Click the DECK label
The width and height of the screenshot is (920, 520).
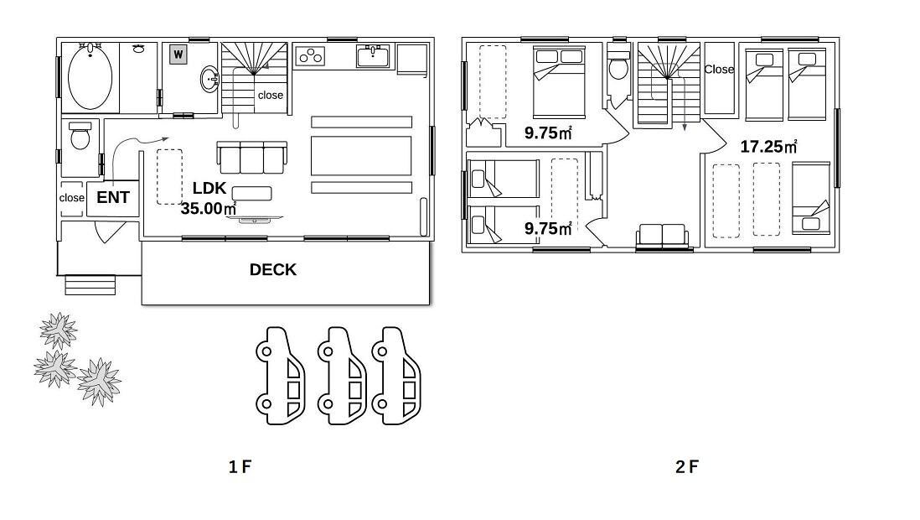(x=273, y=270)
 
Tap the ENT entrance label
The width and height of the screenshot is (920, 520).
(x=112, y=197)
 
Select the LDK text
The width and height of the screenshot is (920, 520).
(x=209, y=188)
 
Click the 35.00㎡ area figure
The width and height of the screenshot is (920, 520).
(x=209, y=209)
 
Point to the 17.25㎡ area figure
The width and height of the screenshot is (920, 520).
(x=768, y=146)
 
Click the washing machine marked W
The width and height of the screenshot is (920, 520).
(x=178, y=55)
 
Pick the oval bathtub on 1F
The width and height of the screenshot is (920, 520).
(x=90, y=76)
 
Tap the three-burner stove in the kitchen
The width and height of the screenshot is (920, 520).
(x=310, y=56)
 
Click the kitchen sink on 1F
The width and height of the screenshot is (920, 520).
(x=373, y=56)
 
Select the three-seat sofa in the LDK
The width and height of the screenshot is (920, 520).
(x=251, y=158)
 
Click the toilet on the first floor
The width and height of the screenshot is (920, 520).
(x=80, y=136)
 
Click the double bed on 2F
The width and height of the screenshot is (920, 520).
(x=559, y=82)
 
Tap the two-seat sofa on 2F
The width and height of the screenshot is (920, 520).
(x=663, y=237)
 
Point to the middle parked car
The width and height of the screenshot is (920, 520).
(x=342, y=376)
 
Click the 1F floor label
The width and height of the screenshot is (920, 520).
(x=240, y=467)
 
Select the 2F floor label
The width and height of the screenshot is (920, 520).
(x=687, y=467)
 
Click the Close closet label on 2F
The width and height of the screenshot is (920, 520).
(x=719, y=70)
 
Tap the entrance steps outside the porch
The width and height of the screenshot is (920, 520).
(x=90, y=285)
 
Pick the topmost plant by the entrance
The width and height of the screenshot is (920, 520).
(x=58, y=330)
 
